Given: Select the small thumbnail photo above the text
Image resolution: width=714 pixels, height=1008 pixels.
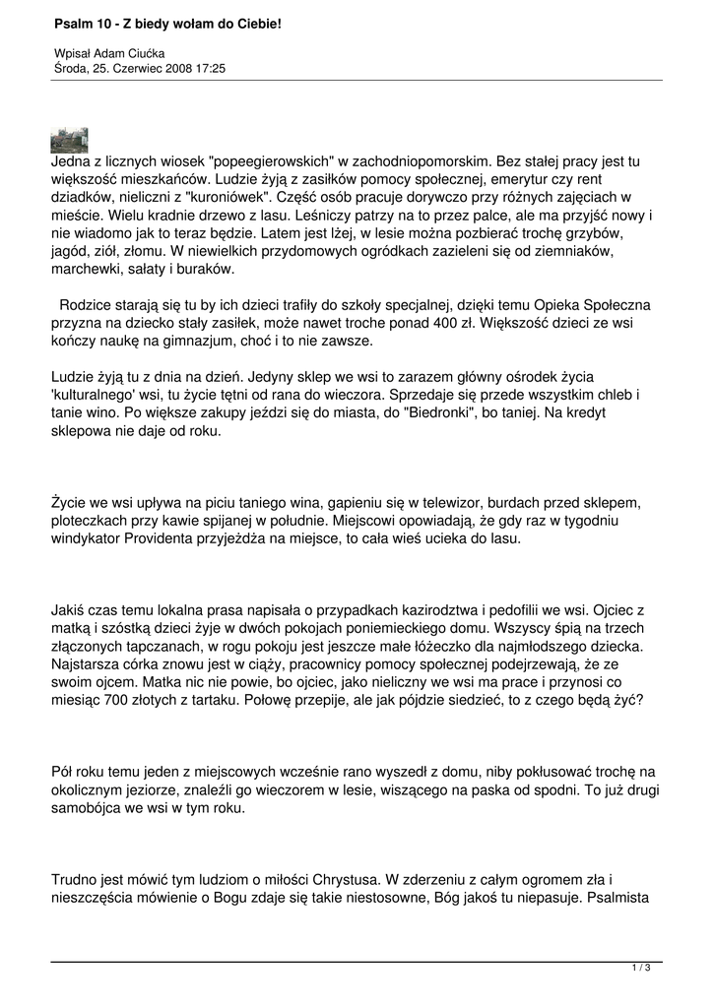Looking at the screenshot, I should [x=69, y=140].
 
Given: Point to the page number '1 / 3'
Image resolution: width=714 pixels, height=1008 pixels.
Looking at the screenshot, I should [x=641, y=969].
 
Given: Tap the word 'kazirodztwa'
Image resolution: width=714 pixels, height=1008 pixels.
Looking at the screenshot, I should [x=419, y=609].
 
